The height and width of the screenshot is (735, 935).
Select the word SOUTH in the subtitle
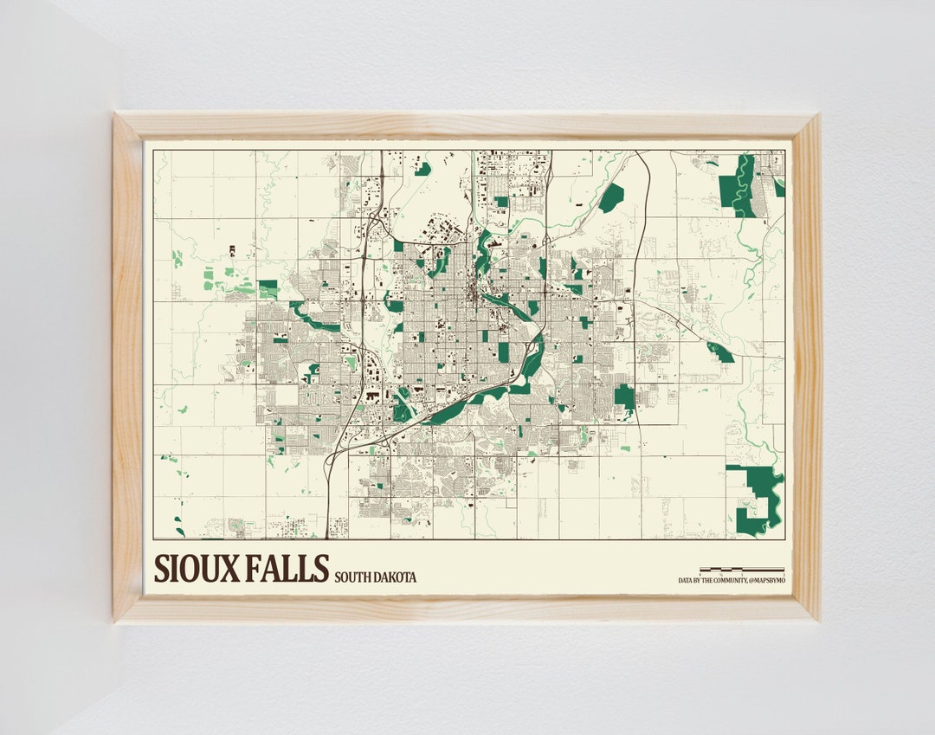(x=354, y=577)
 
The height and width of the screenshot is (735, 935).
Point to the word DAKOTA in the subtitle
(x=397, y=577)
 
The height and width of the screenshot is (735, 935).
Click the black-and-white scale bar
(x=746, y=570)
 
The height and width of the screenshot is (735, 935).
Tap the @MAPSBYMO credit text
(x=768, y=580)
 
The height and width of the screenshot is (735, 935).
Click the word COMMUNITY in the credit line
(x=727, y=580)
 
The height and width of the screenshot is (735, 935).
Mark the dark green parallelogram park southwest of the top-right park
(x=612, y=197)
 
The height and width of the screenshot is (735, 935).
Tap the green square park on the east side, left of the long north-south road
(x=624, y=397)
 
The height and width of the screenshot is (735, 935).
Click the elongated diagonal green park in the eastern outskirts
(x=720, y=352)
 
